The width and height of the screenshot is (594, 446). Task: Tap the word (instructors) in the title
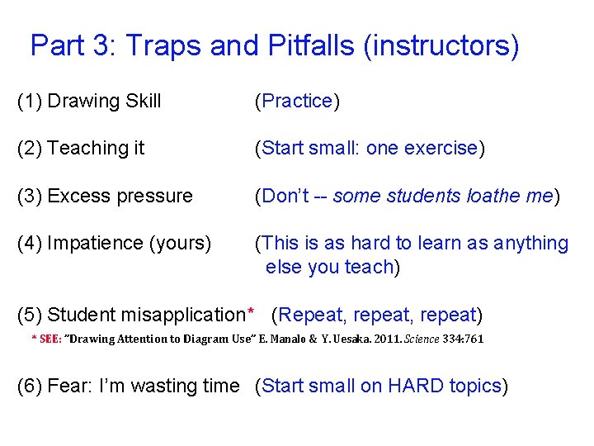(x=441, y=45)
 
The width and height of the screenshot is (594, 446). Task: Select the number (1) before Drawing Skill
(x=30, y=102)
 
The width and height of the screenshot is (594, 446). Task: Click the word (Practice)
(x=297, y=102)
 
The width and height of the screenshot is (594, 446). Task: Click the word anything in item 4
(x=530, y=244)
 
